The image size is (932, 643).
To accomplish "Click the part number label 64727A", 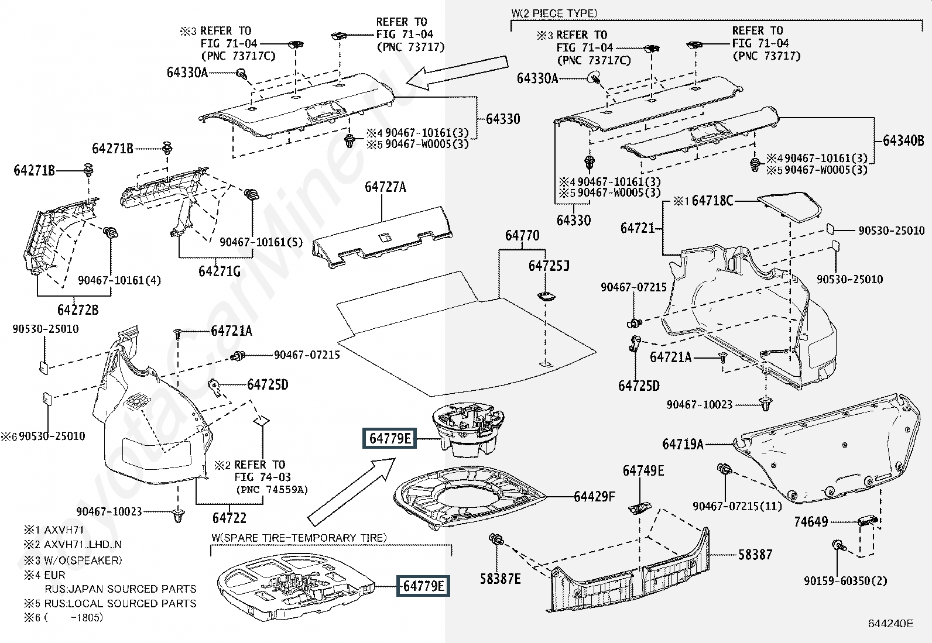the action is pos(385,187).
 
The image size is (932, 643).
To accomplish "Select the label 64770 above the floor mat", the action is pos(522,235).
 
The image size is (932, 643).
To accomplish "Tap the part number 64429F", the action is pos(594,497).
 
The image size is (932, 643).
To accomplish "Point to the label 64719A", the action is pos(683,444).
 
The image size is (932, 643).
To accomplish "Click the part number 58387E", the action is pos(500,579).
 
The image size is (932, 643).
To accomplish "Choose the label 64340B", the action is pos(903,140).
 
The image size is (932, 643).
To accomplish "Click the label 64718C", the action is pos(712,201).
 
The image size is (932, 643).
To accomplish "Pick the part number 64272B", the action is pos(78,310).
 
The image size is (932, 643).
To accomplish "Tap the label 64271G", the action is pos(220,271).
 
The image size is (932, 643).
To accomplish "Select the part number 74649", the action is pos(811,521).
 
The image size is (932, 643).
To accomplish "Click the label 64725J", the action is pos(549,266).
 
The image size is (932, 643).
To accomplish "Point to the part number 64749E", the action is pos(643,470).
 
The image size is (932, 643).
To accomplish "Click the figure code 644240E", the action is pos(890,624).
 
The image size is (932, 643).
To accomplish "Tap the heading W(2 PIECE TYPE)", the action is pos(554,13).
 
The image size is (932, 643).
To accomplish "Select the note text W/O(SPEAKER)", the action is pos(83,561).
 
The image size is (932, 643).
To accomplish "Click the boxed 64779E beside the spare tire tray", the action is pos(423,586).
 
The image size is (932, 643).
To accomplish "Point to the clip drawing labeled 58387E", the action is pos(497,539).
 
